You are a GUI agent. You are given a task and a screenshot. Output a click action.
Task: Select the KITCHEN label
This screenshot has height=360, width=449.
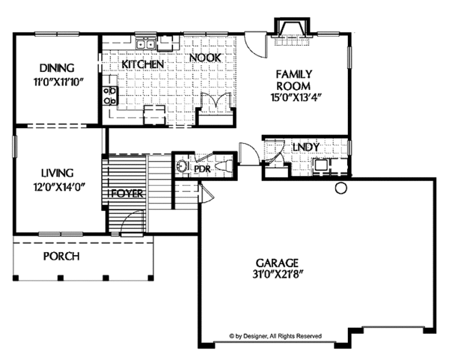coord(142,65)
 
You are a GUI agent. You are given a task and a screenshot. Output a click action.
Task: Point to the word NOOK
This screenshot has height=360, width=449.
coord(204,58)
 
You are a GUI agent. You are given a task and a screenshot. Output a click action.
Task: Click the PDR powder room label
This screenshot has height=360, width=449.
coord(202,170)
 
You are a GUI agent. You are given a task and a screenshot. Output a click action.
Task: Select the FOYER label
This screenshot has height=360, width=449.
coord(127,193)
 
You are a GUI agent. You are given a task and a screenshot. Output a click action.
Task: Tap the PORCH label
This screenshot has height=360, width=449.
coord(61,256)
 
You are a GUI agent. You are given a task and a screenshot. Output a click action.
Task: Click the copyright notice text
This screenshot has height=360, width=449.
coord(275,337)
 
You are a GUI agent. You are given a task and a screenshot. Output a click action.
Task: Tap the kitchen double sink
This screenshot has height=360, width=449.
coord(145,44)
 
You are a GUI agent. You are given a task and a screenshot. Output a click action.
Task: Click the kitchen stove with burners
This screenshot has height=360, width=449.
coord(109,94)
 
